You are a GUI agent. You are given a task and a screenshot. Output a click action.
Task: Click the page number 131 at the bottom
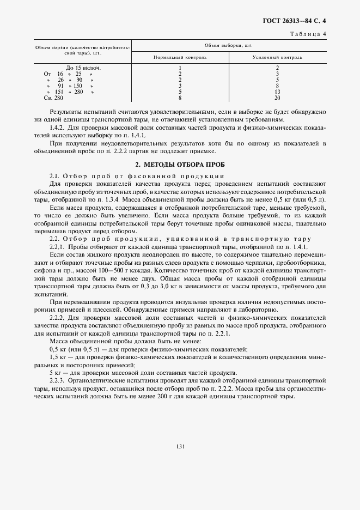[x=181, y=446]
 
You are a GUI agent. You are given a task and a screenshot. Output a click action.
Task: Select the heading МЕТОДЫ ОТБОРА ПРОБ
[x=185, y=164]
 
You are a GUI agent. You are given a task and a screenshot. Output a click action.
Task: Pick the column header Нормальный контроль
[x=179, y=57]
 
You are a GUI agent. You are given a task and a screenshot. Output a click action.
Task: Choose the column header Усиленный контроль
[x=277, y=57]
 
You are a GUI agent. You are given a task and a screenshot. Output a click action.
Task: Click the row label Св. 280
[x=53, y=98]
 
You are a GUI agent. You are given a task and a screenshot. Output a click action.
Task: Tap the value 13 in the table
[x=277, y=92]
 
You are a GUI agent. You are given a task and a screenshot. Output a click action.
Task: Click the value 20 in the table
[x=277, y=98]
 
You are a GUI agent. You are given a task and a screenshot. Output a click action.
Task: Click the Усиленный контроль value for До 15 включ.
[x=277, y=68]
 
